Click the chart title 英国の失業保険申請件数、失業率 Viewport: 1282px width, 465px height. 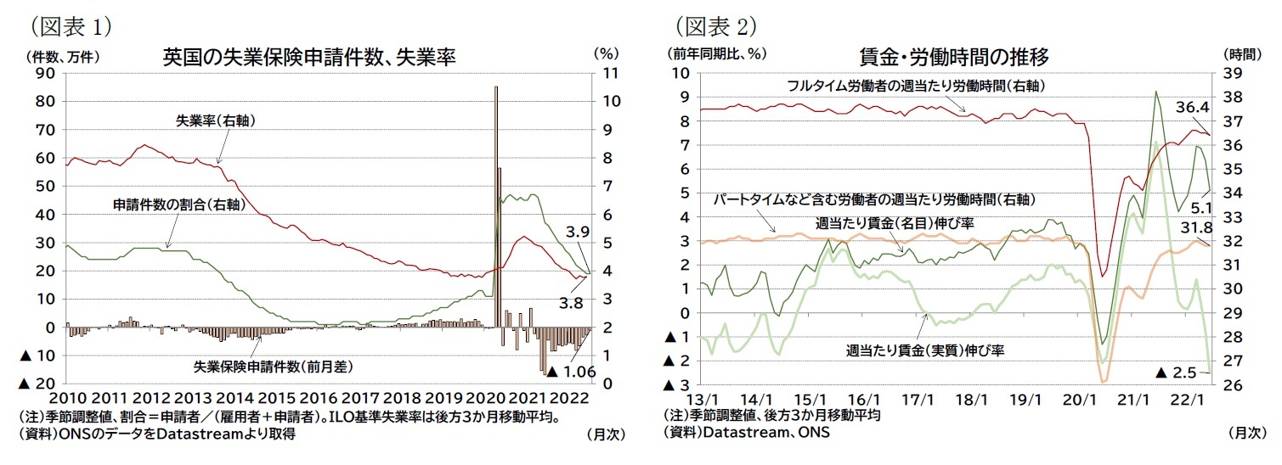coord(309,58)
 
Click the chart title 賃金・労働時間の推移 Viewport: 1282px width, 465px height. coord(954,58)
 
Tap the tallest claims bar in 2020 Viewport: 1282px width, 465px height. coord(496,204)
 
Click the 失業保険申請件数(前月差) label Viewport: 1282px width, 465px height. coord(274,367)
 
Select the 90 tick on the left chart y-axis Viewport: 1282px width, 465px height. coord(44,74)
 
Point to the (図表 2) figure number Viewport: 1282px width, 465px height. coord(714,25)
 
